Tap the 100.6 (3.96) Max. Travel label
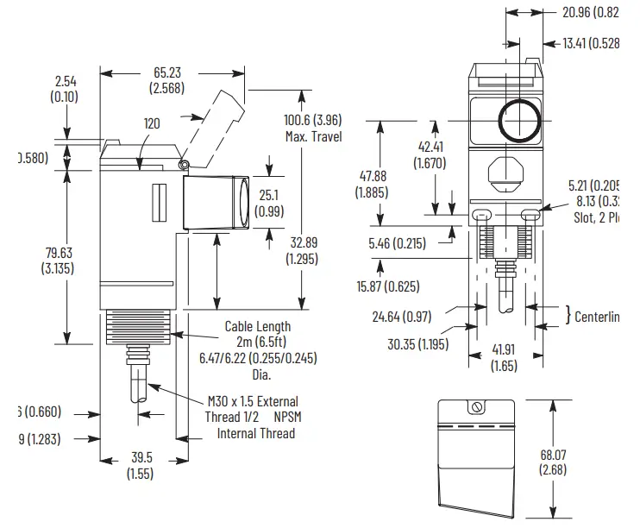[312, 128]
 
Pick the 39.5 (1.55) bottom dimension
[139, 465]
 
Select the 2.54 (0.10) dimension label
[65, 89]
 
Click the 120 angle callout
[152, 124]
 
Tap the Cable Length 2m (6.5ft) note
[258, 334]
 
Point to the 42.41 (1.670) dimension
[429, 154]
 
